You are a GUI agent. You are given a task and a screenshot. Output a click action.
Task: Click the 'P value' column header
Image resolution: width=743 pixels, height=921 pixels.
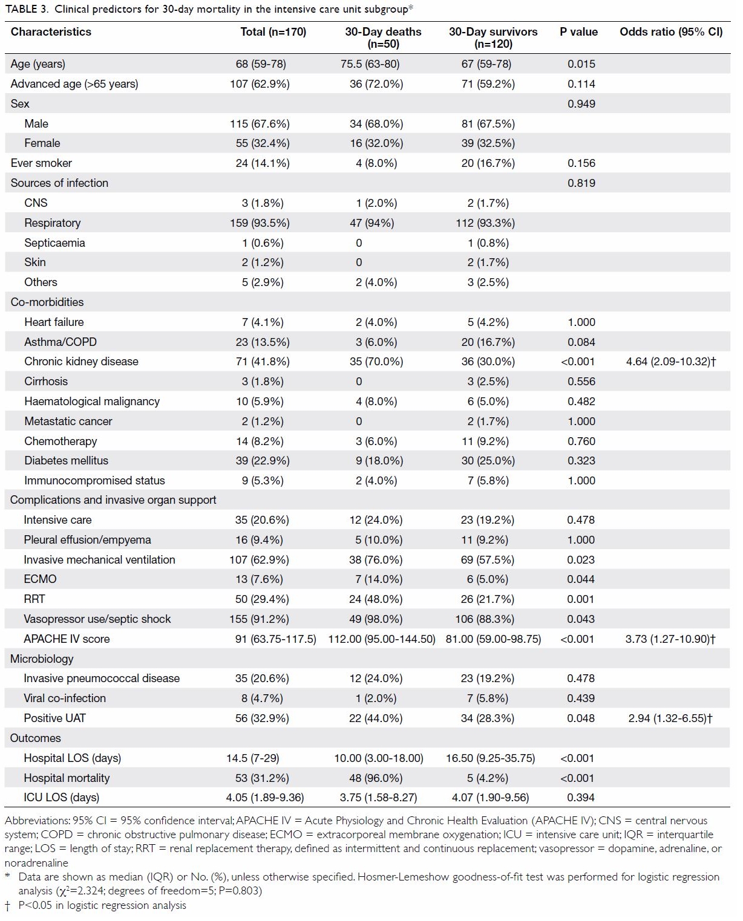point(578,31)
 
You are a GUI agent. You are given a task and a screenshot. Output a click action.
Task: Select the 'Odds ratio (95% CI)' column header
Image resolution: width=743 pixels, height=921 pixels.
point(671,31)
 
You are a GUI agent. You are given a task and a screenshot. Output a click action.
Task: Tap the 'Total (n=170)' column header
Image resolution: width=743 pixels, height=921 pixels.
point(273,31)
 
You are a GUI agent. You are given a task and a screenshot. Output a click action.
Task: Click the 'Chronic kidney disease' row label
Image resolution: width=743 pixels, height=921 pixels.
point(81,361)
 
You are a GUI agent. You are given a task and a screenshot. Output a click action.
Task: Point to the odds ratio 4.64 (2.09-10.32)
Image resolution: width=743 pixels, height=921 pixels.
point(670,362)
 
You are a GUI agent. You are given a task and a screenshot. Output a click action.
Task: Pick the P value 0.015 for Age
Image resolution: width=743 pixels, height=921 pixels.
point(581,63)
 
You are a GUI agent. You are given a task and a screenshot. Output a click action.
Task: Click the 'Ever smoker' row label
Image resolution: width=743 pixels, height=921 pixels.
point(41,163)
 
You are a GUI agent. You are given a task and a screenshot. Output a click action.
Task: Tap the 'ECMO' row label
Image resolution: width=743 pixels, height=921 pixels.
point(41,579)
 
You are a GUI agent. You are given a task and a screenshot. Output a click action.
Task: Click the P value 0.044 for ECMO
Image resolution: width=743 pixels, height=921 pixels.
point(581,579)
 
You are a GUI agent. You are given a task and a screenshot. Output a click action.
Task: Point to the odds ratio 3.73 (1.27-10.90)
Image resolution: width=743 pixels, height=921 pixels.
point(670,639)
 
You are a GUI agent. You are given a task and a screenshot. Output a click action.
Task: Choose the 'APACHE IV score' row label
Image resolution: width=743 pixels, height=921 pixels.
point(67,639)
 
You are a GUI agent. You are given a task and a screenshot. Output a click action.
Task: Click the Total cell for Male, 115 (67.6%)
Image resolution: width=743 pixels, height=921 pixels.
point(260,124)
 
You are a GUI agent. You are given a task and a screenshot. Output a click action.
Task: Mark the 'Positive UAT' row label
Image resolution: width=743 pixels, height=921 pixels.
point(55,718)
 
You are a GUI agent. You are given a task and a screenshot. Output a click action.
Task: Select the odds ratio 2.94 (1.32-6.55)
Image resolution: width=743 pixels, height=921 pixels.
point(670,718)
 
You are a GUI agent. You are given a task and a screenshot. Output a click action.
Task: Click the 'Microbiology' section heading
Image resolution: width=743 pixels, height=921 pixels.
point(42,659)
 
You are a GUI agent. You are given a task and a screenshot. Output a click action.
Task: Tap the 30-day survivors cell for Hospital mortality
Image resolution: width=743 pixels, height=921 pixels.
point(487,778)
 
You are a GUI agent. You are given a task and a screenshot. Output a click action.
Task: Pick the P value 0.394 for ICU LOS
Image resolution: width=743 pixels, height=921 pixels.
point(581,797)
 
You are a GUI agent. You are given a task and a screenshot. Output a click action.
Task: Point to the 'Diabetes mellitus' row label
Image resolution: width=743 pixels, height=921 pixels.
point(67,461)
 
